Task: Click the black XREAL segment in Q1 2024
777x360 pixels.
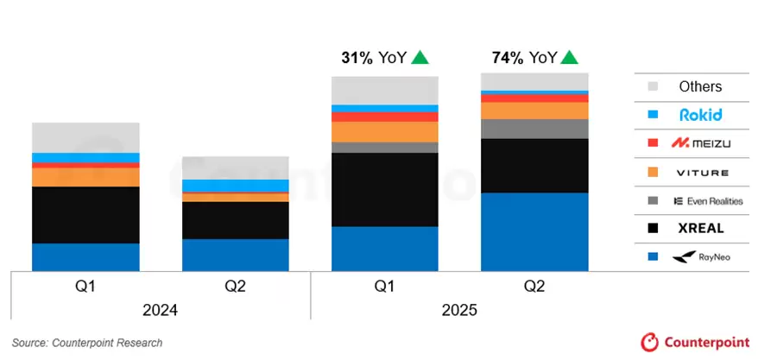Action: [85, 215]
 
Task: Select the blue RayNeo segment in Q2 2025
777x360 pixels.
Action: [534, 231]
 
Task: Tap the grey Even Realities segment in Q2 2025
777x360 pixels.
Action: [534, 129]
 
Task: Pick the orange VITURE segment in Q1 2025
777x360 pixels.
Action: [385, 131]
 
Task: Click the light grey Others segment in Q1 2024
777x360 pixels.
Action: [85, 137]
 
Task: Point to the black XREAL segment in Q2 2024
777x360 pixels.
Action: [236, 220]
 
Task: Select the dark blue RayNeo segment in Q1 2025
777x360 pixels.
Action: [385, 249]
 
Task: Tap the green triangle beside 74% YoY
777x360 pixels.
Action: [569, 58]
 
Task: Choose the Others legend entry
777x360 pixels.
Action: [699, 86]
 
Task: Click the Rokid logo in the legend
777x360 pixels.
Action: [700, 114]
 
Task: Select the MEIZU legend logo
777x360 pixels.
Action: [700, 142]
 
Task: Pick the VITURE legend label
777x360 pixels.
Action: [700, 172]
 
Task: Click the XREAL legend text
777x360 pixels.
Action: [700, 229]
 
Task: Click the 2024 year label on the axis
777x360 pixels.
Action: [161, 310]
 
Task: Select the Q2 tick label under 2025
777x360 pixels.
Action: [534, 286]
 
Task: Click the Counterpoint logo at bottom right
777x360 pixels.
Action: [695, 342]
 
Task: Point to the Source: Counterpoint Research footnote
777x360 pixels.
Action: [87, 343]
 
